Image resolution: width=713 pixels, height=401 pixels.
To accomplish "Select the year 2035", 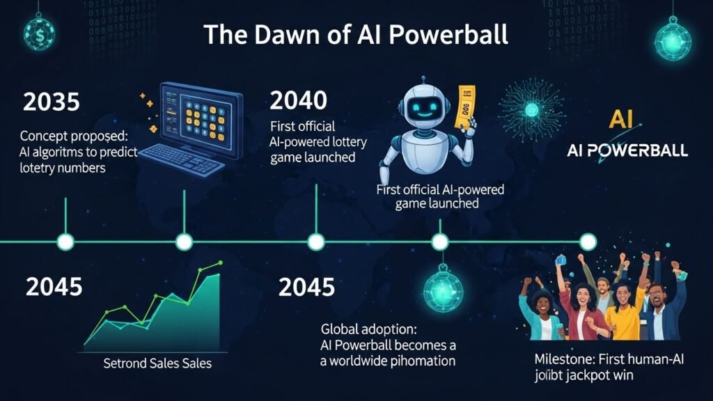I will coord(52,102).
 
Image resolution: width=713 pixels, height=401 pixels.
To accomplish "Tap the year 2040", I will coord(297,100).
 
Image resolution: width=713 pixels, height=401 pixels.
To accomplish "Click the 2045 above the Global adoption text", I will coord(306,286).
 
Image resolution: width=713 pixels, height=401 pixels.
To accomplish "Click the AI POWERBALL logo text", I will coord(627,150).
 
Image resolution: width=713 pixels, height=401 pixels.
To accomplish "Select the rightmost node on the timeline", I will coord(588,242).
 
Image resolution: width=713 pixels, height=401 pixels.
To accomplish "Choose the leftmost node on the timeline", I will coord(65,242).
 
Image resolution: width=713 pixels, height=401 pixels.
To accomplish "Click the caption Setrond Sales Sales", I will coord(157,363).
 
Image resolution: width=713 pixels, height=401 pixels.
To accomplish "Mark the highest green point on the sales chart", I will coord(220,263).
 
